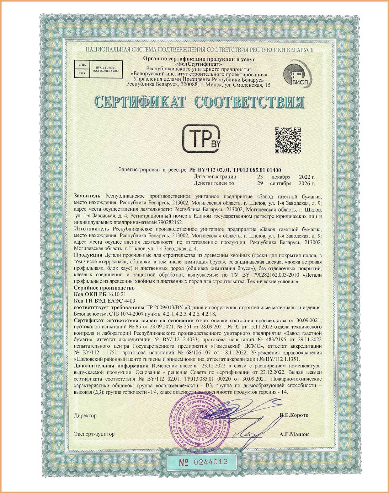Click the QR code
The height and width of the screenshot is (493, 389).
point(288,141)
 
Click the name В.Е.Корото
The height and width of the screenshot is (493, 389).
point(294,415)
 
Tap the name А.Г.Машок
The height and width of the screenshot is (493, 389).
point(294,434)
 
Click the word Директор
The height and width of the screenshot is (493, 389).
point(85,415)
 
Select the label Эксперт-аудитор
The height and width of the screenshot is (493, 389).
point(94,434)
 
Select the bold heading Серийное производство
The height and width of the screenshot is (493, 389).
point(104,288)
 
